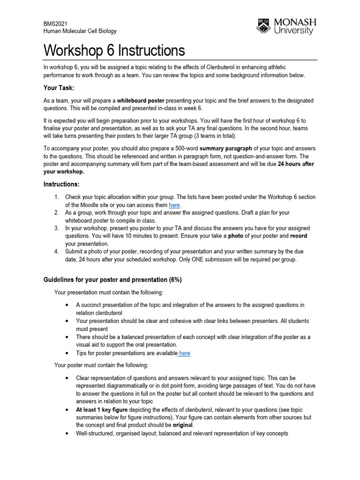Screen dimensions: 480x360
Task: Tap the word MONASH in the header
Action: pos(295,22)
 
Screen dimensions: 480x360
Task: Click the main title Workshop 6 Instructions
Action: pos(114,51)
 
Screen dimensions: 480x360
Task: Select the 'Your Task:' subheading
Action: pos(59,88)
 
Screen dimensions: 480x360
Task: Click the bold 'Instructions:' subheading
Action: pos(61,184)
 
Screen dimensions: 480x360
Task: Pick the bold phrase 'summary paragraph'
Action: pos(226,149)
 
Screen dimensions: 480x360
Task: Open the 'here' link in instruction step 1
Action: pos(174,205)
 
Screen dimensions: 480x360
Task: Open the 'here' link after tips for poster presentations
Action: pos(184,353)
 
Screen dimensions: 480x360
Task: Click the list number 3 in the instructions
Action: pos(56,228)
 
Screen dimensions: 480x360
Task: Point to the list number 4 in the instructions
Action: pos(56,252)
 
